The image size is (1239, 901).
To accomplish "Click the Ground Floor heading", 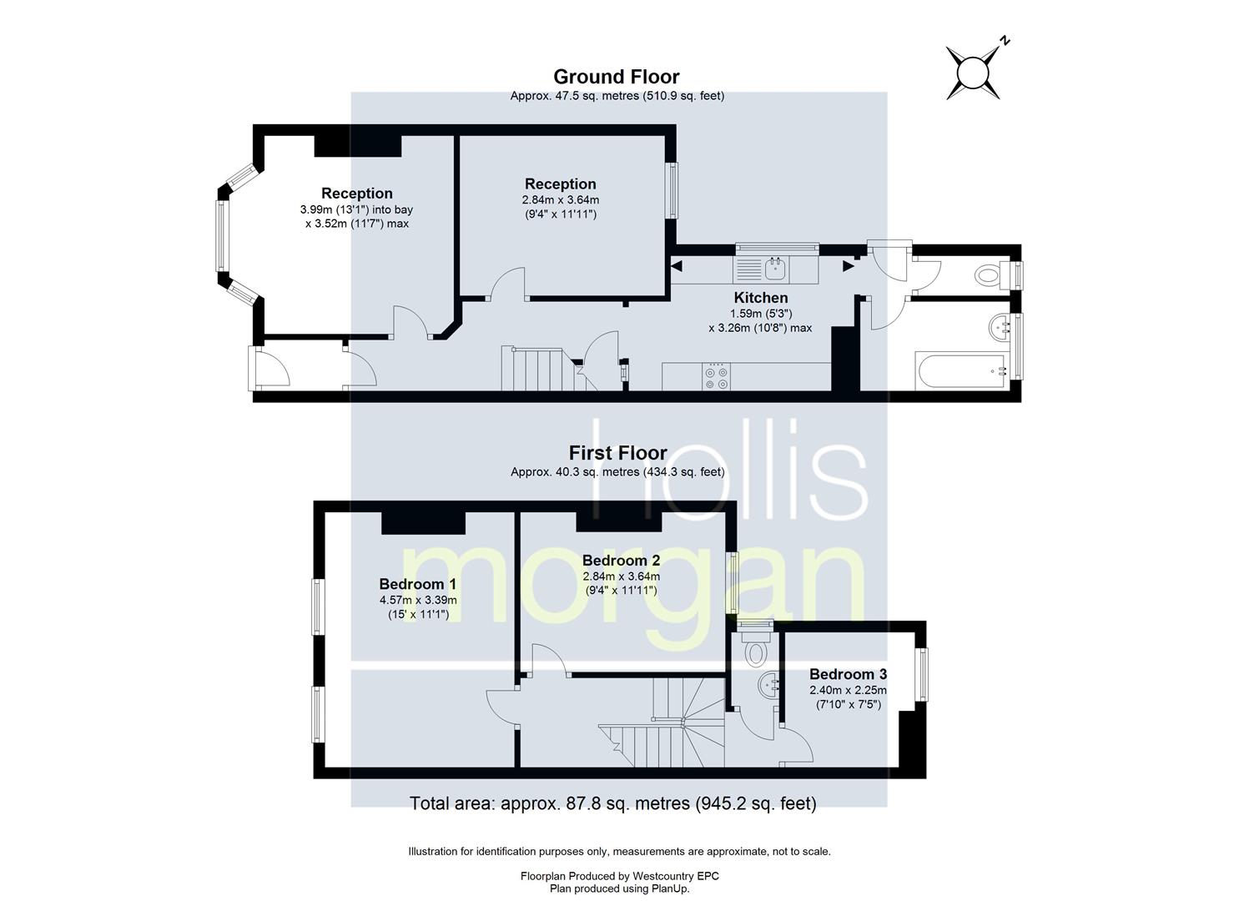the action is click(617, 77).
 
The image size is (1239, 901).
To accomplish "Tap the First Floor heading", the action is click(617, 454).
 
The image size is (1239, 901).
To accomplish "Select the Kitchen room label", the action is click(761, 298).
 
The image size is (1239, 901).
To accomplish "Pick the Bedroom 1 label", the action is click(418, 584).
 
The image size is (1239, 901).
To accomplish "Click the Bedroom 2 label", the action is click(621, 561).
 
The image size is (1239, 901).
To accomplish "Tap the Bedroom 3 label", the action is click(848, 674).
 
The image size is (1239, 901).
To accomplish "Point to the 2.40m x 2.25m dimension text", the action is click(848, 690).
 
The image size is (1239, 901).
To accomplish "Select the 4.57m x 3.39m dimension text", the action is click(418, 600).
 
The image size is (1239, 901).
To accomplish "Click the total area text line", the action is click(613, 803).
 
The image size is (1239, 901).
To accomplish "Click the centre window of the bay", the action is click(221, 236).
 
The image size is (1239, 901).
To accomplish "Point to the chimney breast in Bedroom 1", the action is click(424, 523).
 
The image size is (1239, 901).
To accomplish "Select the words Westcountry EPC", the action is click(676, 876).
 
